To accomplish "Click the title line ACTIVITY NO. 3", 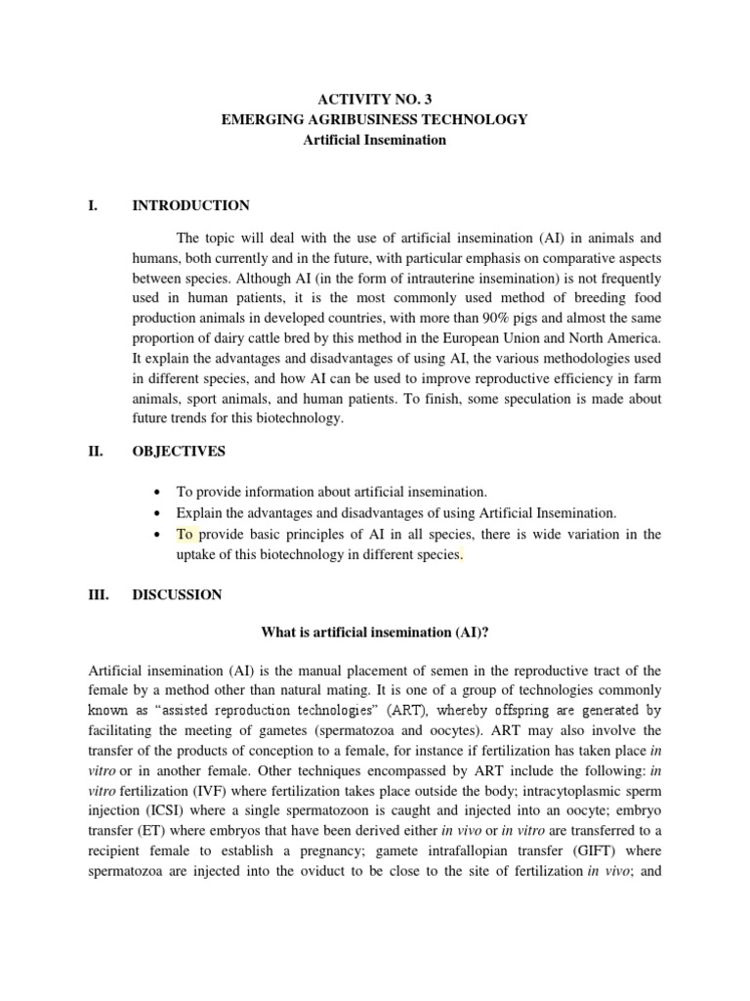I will pyautogui.click(x=374, y=99).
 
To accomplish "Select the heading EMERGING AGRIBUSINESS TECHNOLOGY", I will pyautogui.click(x=374, y=119).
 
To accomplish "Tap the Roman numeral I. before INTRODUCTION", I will pyautogui.click(x=96, y=205).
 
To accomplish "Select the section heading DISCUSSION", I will pyautogui.click(x=177, y=594).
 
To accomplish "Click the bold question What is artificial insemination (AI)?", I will pyautogui.click(x=374, y=631).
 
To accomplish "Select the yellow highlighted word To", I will pyautogui.click(x=186, y=534).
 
